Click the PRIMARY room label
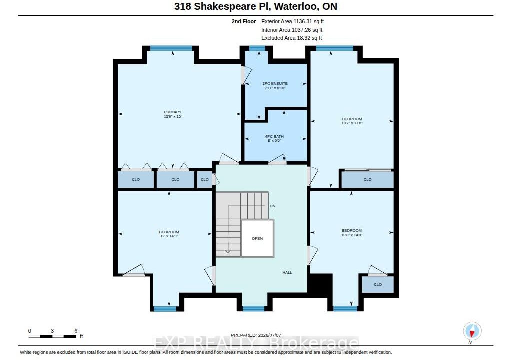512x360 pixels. tap(172, 114)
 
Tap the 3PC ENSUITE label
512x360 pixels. tap(275, 86)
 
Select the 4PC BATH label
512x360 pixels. tap(274, 139)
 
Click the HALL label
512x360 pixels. tap(287, 272)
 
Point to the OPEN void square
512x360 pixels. tap(257, 238)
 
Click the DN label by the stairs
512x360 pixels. tap(272, 206)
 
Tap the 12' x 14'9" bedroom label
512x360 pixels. tap(169, 234)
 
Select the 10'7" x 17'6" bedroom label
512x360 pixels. tap(352, 121)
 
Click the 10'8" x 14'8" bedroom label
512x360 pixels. tap(352, 233)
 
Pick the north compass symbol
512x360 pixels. tap(472, 331)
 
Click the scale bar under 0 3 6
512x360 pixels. tap(52, 336)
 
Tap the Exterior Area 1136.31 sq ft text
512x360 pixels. tap(292, 21)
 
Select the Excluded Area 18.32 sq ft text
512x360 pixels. tap(291, 38)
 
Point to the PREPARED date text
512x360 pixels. tap(256, 335)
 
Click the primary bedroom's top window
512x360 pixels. tap(171, 48)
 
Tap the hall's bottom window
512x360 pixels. tap(253, 308)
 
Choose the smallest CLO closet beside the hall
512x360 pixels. tap(204, 179)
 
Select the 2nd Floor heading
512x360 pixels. tap(244, 21)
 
